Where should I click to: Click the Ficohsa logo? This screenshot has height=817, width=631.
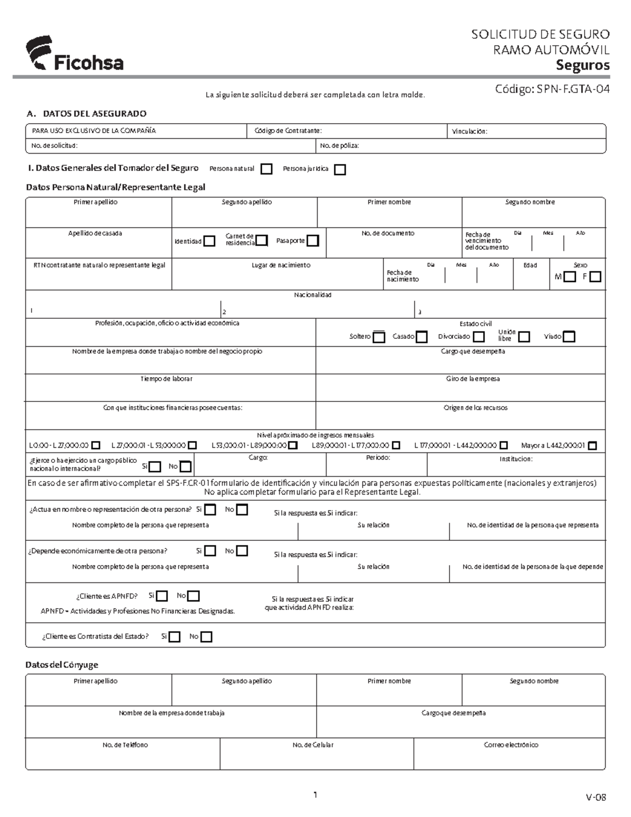point(74,54)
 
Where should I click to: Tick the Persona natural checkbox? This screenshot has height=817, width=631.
point(267,169)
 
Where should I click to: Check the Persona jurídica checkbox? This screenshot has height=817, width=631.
point(340,169)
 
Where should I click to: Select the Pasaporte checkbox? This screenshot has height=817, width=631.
point(313,241)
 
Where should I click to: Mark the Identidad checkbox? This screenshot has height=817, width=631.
point(209,241)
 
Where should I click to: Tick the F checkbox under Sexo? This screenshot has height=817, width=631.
point(595,277)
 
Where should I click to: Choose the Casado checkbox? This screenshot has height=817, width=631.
point(422,337)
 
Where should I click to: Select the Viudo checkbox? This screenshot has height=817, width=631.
point(569,337)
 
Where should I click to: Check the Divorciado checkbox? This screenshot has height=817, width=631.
point(479,337)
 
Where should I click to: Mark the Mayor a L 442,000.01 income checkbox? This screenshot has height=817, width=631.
point(593,446)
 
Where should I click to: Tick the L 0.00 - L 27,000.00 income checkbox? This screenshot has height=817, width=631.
point(96,446)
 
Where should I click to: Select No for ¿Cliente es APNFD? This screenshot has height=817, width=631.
point(194,596)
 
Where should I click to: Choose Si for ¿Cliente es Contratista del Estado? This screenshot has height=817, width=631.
point(175,637)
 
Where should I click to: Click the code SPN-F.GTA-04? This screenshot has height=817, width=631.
point(552,89)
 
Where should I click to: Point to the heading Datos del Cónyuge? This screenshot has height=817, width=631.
point(62,665)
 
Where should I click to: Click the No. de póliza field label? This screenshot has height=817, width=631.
point(339,146)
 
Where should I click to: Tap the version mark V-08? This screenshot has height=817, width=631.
point(596,797)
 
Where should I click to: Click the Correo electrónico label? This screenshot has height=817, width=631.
point(511,745)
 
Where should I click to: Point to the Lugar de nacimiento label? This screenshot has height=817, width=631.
point(281,265)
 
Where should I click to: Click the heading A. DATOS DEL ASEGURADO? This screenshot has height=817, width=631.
point(86,114)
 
